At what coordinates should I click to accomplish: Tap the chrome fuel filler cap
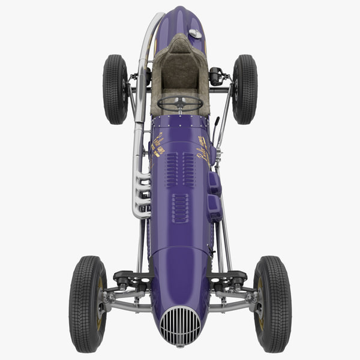[x=195, y=34]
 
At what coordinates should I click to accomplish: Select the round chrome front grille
[x=180, y=326]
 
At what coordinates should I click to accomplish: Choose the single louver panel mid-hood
[x=180, y=208]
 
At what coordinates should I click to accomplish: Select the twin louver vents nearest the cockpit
[x=180, y=169]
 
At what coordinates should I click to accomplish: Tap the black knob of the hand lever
[x=217, y=121]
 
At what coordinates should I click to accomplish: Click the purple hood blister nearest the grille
[x=215, y=207]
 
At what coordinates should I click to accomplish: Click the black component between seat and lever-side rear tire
[x=215, y=76]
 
